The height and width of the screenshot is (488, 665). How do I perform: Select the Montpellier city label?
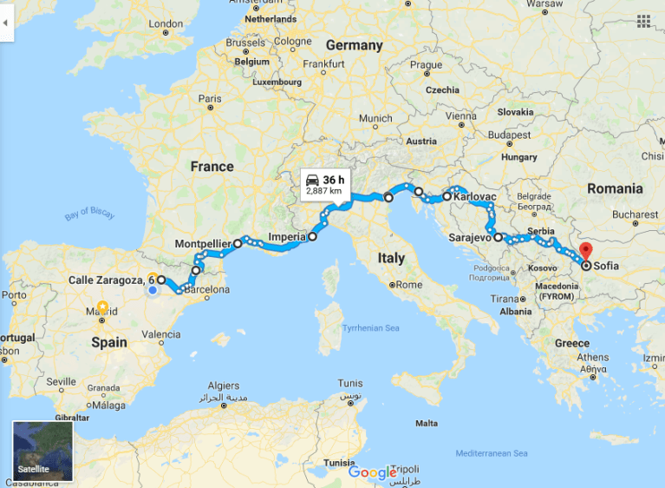[x=201, y=244]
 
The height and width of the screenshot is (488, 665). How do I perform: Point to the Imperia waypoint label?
[x=287, y=236]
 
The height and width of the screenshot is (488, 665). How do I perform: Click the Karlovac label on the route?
[x=474, y=197]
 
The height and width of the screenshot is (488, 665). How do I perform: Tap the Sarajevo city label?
[x=471, y=236]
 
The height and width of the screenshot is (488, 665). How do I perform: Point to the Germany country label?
[x=354, y=45]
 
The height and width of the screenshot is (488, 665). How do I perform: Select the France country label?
[x=212, y=166]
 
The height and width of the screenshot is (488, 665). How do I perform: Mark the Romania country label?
[x=614, y=188]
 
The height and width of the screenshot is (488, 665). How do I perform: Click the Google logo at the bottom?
[x=372, y=472]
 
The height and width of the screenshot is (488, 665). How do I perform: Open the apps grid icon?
[x=643, y=21]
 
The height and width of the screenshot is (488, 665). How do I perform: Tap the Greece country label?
[x=572, y=343]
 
